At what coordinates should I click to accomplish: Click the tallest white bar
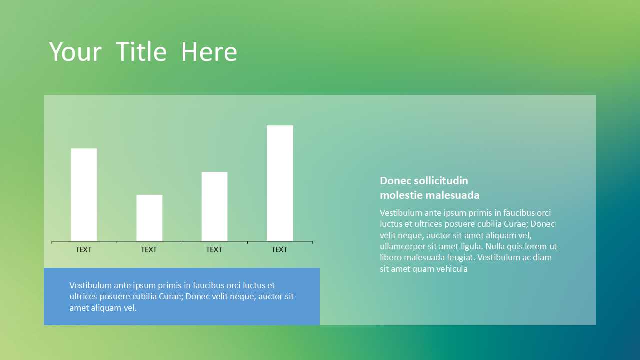pyautogui.click(x=280, y=183)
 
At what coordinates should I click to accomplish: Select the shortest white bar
pyautogui.click(x=149, y=218)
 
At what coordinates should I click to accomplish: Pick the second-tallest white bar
pyautogui.click(x=84, y=195)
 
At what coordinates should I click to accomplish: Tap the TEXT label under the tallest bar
pyautogui.click(x=279, y=249)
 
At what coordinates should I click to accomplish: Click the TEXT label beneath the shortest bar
pyautogui.click(x=149, y=249)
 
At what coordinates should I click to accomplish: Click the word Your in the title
pyautogui.click(x=75, y=52)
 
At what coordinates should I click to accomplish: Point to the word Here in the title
pyautogui.click(x=209, y=52)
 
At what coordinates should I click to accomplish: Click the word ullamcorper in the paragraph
pyautogui.click(x=403, y=247)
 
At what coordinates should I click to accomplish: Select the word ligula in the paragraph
pyautogui.click(x=471, y=247)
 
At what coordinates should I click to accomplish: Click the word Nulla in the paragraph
pyautogui.click(x=495, y=246)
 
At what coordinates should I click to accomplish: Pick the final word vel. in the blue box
pyautogui.click(x=130, y=308)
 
